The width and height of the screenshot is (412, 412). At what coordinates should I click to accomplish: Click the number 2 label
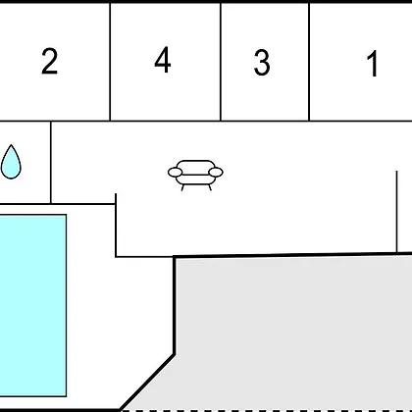click(50, 61)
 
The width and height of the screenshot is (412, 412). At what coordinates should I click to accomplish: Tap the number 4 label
click(163, 60)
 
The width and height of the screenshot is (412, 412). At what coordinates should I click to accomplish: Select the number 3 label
click(262, 63)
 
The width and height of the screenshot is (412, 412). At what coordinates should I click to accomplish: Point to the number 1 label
click(373, 64)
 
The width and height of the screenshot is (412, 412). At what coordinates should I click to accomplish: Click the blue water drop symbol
click(11, 162)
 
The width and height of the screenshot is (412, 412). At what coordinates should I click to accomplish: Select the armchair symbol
click(195, 176)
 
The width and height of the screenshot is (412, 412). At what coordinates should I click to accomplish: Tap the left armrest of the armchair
click(175, 172)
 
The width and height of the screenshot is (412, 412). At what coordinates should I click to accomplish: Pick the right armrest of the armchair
click(216, 172)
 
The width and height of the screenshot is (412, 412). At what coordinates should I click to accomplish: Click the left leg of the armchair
click(182, 187)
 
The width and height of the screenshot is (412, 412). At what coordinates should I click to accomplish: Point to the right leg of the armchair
click(210, 187)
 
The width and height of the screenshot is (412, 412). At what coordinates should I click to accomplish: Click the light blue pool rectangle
click(33, 305)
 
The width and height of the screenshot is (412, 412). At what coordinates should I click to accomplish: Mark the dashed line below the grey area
click(266, 410)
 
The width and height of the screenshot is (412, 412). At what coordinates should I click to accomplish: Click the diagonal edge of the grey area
click(147, 382)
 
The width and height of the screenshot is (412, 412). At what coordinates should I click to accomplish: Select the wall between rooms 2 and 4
click(110, 62)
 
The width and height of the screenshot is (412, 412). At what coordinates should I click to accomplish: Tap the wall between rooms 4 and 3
click(221, 62)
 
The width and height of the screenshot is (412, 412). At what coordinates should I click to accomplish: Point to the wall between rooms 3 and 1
click(309, 62)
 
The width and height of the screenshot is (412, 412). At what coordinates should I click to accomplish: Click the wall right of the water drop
click(51, 163)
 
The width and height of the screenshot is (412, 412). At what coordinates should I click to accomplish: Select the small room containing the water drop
click(26, 163)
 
